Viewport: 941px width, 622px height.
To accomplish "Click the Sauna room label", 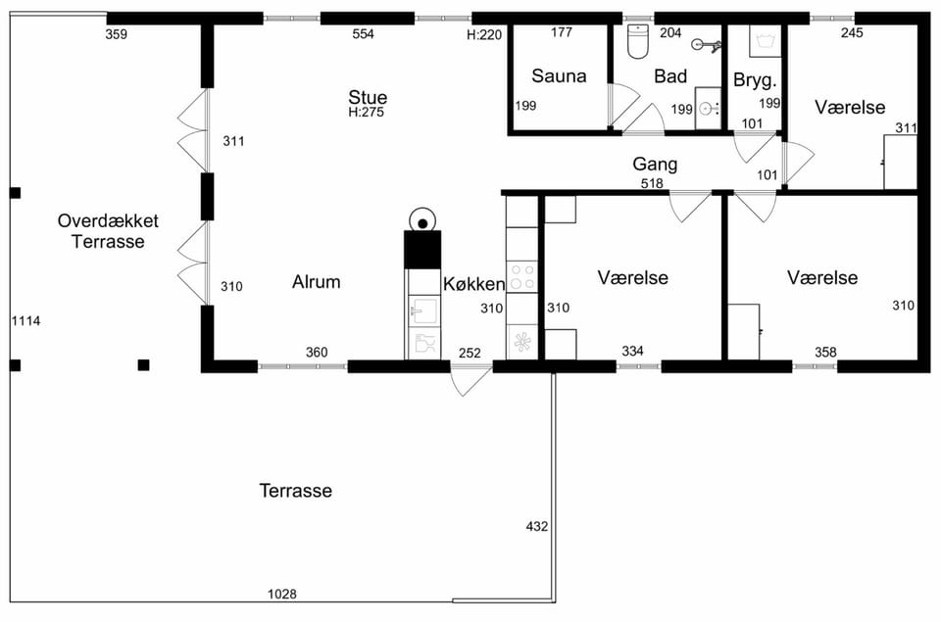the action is (559, 76).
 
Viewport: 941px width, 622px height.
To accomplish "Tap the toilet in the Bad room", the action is (638, 41).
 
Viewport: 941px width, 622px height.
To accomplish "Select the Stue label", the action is (368, 97).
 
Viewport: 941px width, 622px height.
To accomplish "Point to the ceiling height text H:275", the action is (366, 113).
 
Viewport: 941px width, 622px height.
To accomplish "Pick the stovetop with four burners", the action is (522, 278).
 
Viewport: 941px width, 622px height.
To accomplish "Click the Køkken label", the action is (474, 284).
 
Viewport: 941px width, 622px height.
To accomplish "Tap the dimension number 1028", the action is (282, 594).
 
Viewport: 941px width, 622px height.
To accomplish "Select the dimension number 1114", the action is (25, 321).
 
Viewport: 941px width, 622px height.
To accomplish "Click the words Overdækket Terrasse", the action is (108, 231).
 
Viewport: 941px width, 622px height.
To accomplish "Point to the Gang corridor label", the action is (655, 165).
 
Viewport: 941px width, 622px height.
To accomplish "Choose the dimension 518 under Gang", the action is (652, 183).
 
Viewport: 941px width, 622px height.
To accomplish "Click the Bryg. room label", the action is (755, 80).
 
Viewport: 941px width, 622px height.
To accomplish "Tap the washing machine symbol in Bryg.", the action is (766, 41).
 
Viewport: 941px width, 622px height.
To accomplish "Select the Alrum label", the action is (317, 282).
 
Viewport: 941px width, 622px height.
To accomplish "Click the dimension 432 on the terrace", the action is (537, 527).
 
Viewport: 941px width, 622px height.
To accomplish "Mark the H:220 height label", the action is (484, 35).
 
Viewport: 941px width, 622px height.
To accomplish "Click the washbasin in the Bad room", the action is (708, 109).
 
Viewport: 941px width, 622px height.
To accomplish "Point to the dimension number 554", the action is (363, 34).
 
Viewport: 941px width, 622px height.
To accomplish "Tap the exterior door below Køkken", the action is (471, 377).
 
